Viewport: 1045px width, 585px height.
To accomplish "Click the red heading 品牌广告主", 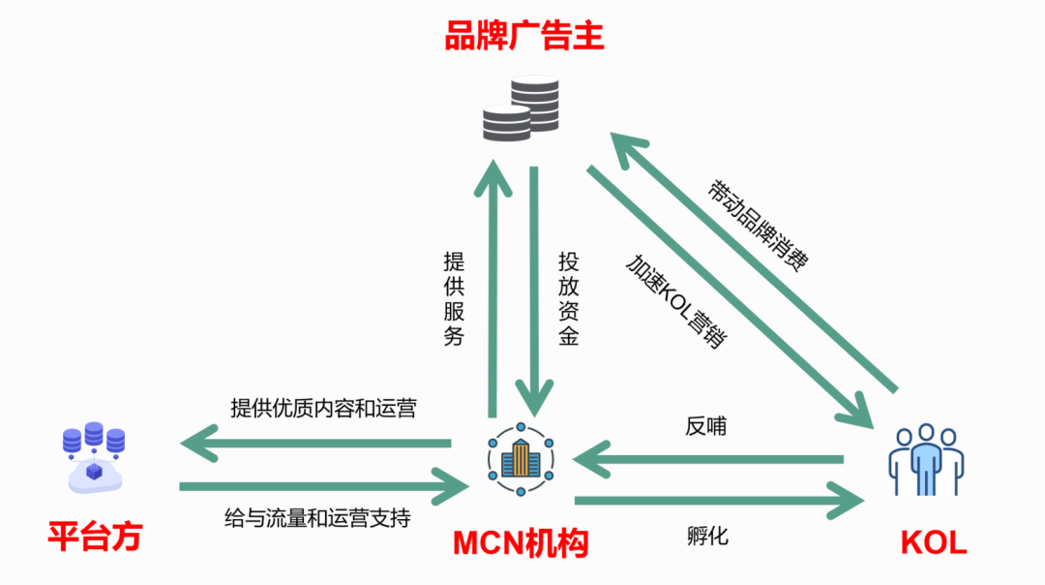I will point(523,37).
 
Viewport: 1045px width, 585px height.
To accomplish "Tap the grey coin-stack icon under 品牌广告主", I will point(522,108).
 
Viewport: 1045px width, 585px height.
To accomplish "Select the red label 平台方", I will point(95,537).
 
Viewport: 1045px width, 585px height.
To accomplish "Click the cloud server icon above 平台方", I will point(94,456).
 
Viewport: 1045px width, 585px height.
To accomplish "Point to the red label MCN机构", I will point(521,545).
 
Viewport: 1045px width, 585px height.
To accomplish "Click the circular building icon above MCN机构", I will point(521,459).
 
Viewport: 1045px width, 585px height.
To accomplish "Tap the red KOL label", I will point(933,542).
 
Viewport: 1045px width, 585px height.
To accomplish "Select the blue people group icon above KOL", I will point(926,459).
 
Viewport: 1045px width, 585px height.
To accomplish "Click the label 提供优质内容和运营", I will point(323,408).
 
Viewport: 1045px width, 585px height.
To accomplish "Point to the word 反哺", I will point(705,426).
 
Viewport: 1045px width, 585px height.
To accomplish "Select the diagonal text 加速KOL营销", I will point(676,301).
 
